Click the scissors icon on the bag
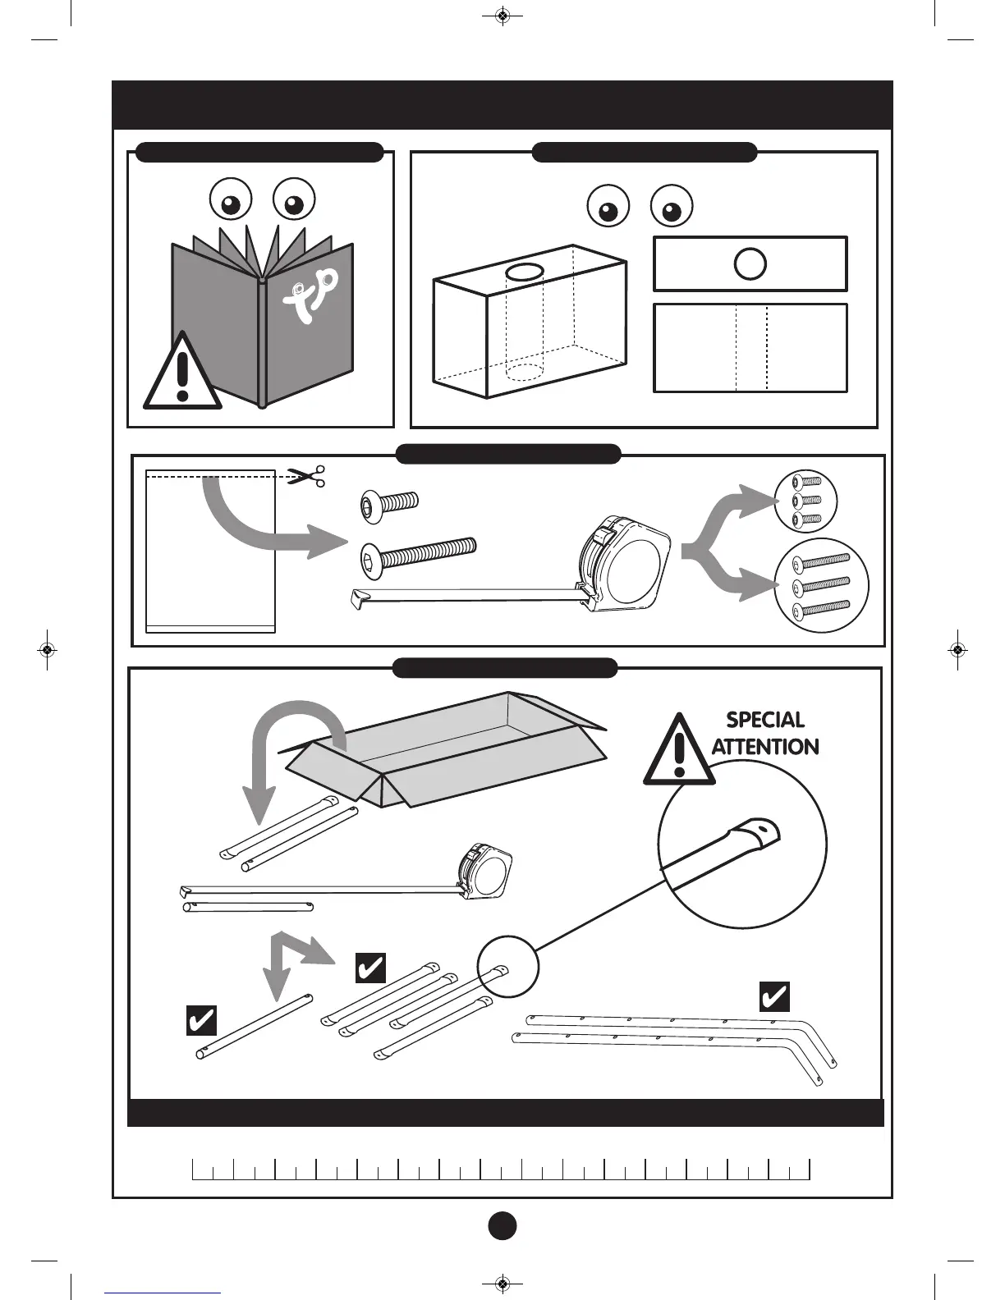(x=306, y=475)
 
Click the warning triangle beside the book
(x=182, y=373)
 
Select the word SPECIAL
(x=765, y=720)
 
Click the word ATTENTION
(x=765, y=747)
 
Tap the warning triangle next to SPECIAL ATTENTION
(x=678, y=751)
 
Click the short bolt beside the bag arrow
(x=389, y=503)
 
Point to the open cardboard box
(x=447, y=747)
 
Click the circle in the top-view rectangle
(x=750, y=264)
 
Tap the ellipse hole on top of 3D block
(x=523, y=272)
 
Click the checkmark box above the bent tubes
(x=774, y=996)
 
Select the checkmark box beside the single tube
(x=201, y=1020)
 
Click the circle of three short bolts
(x=805, y=500)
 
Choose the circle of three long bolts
(x=822, y=585)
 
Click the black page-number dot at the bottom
(x=502, y=1224)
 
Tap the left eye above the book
(x=231, y=199)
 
